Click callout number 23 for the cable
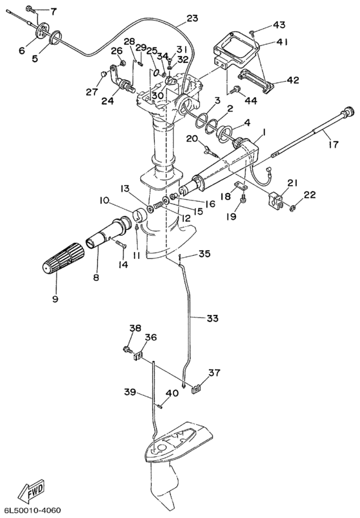pyautogui.click(x=192, y=18)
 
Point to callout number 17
pyautogui.click(x=334, y=144)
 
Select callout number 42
pyautogui.click(x=292, y=80)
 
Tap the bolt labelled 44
pyautogui.click(x=237, y=89)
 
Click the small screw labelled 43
pyautogui.click(x=252, y=32)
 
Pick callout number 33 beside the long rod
pyautogui.click(x=213, y=319)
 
